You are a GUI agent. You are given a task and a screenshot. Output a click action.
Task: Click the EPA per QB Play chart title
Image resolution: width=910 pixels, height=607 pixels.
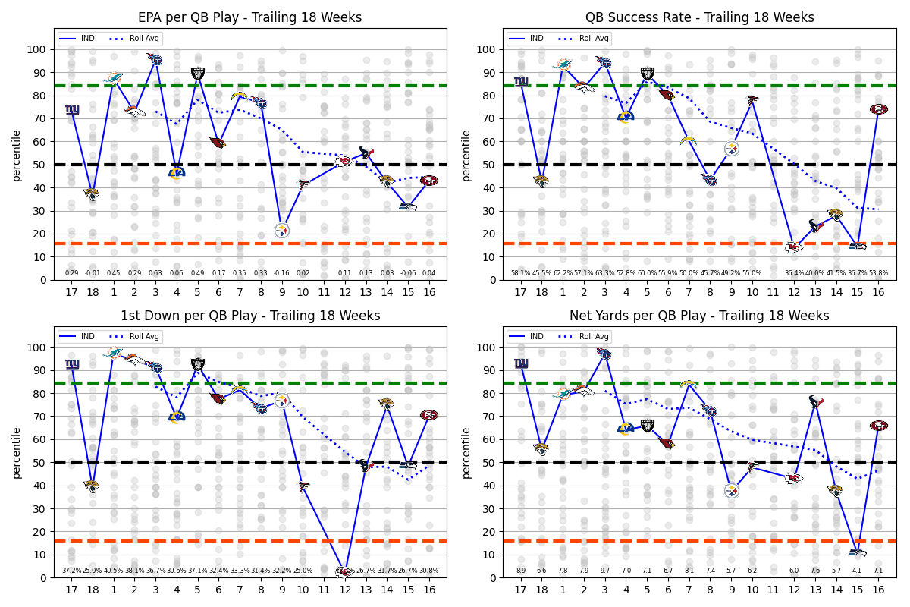coord(249,17)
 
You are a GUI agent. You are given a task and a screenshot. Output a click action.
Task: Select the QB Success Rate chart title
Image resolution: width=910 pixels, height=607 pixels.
coord(699,17)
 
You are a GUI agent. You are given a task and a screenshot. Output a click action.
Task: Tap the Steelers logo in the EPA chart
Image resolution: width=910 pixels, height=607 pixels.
coord(281,230)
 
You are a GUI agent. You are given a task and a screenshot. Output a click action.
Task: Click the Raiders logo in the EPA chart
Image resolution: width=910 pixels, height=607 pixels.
coord(197,74)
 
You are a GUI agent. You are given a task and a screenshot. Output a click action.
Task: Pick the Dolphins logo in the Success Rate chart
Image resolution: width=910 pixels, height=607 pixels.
coord(563,64)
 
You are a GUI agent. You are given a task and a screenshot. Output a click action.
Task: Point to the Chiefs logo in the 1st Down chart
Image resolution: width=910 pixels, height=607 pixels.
coord(345,571)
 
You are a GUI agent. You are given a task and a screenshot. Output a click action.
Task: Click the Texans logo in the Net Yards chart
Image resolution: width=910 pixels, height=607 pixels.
coord(816,401)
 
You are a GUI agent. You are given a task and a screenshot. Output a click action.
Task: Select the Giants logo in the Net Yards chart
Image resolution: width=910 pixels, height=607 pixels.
coord(521,363)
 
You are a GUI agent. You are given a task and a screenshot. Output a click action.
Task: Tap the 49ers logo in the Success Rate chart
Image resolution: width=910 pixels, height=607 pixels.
coord(878,109)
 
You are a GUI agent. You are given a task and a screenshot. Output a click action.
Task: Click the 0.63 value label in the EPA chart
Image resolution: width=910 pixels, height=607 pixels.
coord(155,273)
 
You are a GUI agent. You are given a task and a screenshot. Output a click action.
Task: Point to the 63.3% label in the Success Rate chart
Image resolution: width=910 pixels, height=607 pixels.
coord(604,273)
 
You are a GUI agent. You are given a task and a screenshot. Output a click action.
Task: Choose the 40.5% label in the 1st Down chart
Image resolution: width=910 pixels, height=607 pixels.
coord(113,571)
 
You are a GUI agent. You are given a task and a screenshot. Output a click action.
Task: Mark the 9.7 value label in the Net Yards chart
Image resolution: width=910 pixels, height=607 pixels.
coord(604,571)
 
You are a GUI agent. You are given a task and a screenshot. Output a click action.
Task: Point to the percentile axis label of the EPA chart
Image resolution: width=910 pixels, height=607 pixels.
coord(16,155)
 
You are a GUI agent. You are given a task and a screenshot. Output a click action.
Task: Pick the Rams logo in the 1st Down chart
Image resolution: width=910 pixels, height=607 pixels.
coord(177,417)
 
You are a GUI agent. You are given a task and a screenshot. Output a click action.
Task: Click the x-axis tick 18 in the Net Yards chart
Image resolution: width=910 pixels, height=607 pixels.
coord(541,589)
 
